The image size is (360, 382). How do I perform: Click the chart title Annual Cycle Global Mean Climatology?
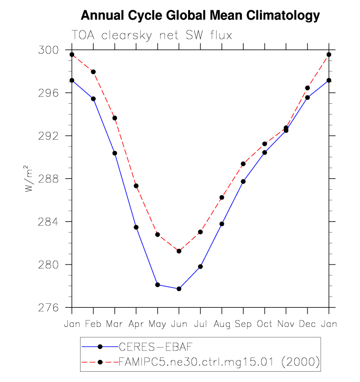click(x=200, y=16)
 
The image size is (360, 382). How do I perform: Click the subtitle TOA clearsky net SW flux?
click(x=151, y=36)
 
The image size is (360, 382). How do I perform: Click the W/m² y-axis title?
click(x=30, y=178)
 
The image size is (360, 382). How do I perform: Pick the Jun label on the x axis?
click(x=179, y=324)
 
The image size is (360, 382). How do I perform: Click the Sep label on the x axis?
click(x=243, y=324)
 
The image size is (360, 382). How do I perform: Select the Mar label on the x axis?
click(x=115, y=324)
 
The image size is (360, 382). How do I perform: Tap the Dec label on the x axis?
click(x=307, y=324)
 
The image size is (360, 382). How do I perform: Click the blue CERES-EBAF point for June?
click(x=179, y=289)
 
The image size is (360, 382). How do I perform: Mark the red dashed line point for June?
click(x=179, y=251)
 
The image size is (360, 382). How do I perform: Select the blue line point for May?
click(x=158, y=285)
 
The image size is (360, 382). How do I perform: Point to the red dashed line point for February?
click(x=93, y=72)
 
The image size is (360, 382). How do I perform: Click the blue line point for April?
click(x=136, y=227)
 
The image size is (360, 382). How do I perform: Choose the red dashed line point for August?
click(x=222, y=198)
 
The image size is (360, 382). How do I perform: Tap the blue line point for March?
click(x=115, y=153)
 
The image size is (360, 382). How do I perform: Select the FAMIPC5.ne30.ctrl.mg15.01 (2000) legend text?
click(x=219, y=362)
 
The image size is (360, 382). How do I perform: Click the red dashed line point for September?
click(x=243, y=164)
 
